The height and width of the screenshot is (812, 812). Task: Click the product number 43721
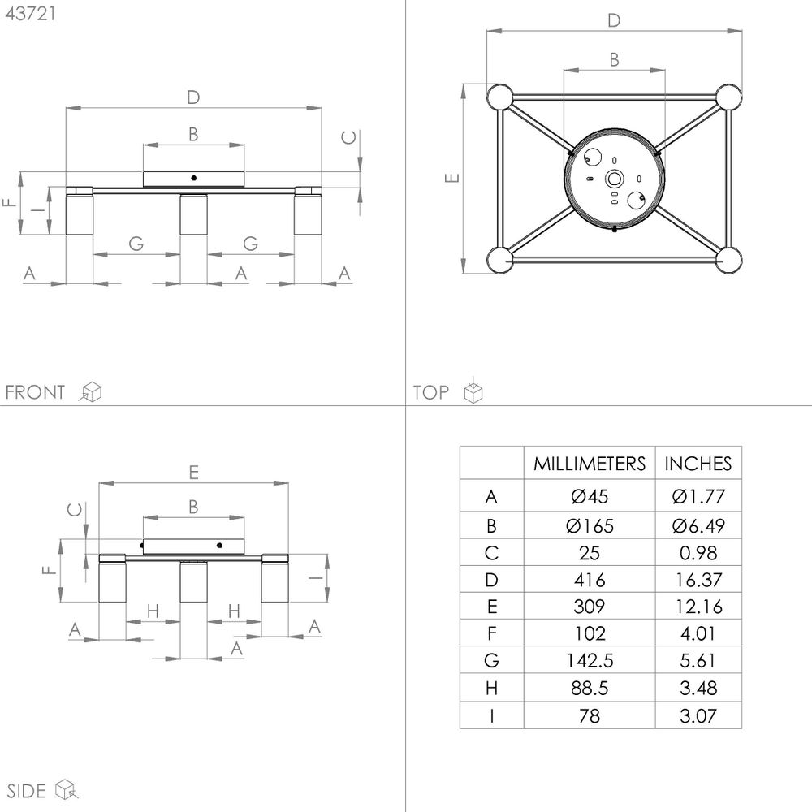click(30, 14)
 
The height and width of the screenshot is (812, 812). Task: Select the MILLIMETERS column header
click(590, 464)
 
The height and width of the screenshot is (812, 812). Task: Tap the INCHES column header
click(698, 464)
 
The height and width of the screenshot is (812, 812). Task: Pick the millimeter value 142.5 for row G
click(590, 660)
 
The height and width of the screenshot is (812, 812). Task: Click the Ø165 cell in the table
click(590, 526)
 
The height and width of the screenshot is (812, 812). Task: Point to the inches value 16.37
click(698, 580)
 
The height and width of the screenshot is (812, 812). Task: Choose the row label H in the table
click(491, 689)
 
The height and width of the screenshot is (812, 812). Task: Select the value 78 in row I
click(590, 715)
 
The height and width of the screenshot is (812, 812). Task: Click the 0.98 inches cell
click(698, 553)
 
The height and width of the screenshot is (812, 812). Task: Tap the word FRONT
click(35, 392)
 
